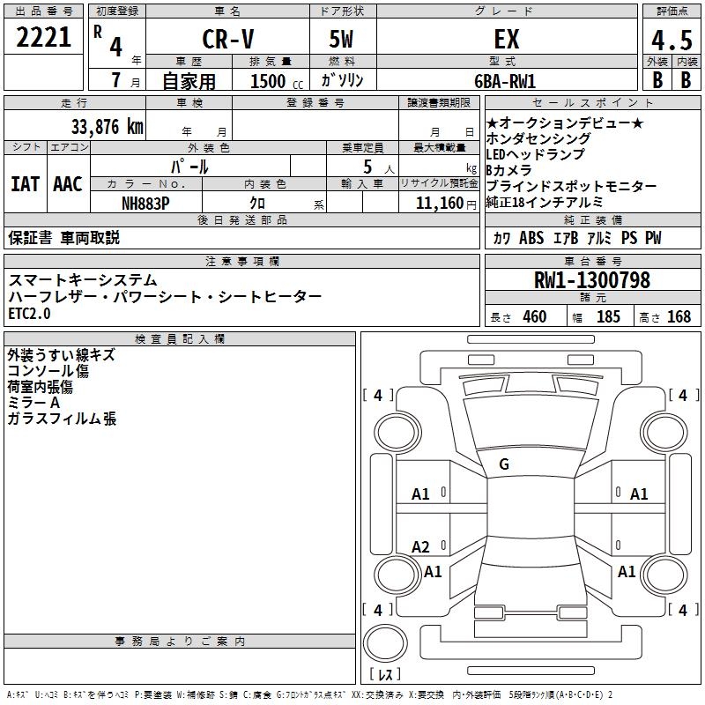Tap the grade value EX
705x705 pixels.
506,39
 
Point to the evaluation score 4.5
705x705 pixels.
671,40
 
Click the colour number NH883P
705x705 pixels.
145,204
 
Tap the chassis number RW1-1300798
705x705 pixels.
592,280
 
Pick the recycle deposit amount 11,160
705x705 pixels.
439,204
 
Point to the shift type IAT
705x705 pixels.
25,184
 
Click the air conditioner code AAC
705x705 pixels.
68,184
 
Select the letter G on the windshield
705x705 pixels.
504,464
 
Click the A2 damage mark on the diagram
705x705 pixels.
421,547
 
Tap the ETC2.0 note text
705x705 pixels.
30,313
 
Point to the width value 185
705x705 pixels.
608,317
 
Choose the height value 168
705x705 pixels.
679,317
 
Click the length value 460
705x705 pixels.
534,317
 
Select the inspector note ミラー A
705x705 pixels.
33,403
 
